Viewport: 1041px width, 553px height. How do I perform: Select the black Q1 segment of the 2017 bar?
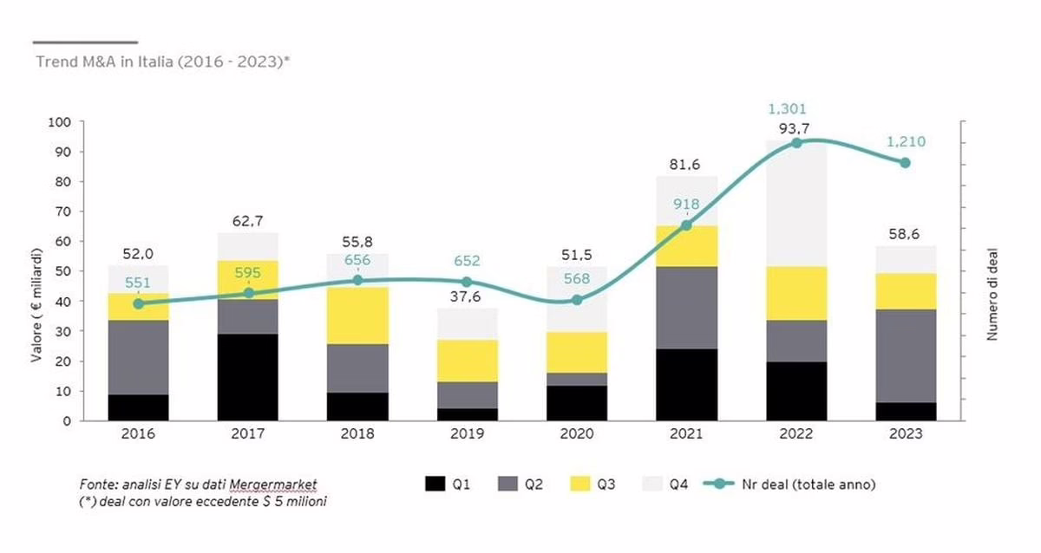point(248,377)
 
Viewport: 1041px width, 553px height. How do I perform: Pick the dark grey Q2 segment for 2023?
point(905,355)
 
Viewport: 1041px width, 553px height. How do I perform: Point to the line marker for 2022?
point(795,143)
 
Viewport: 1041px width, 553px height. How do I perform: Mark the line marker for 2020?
point(577,300)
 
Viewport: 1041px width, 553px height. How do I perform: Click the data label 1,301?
point(788,109)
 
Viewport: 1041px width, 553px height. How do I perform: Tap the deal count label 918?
point(686,205)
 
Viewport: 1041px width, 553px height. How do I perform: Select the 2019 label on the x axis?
point(467,434)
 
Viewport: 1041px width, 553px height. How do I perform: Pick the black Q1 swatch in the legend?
point(437,485)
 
